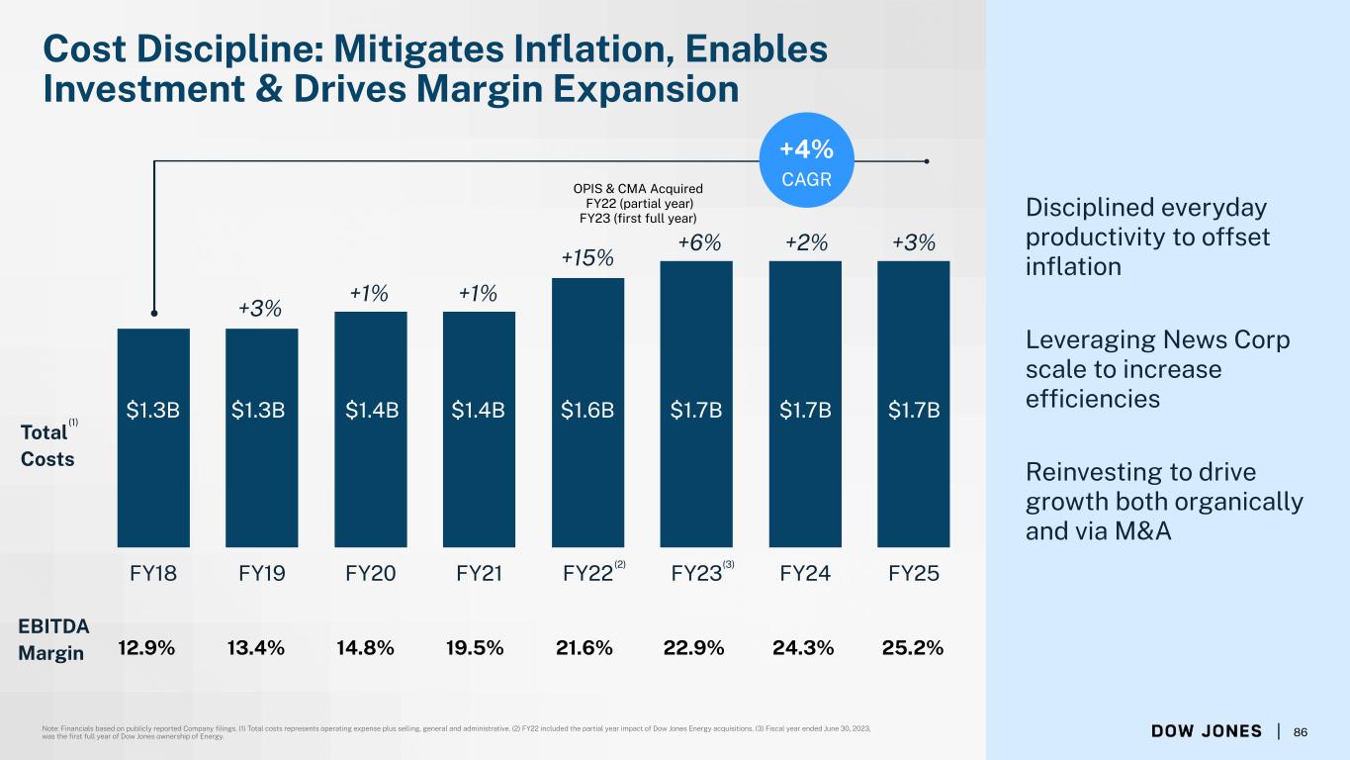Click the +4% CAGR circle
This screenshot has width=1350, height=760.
click(806, 160)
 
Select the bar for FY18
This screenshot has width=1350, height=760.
click(153, 438)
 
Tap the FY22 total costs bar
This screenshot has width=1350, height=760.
click(587, 413)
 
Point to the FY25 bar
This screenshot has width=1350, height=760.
click(914, 404)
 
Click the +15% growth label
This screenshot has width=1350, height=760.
click(587, 258)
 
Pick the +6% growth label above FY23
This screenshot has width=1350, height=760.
click(699, 243)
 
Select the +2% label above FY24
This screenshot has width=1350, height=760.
click(806, 243)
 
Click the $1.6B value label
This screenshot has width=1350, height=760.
click(587, 411)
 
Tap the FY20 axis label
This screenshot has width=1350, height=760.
click(371, 573)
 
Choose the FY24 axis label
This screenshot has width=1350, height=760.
click(805, 573)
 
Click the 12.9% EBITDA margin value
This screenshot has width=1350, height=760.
click(146, 648)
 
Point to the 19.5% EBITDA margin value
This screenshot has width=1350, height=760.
click(475, 648)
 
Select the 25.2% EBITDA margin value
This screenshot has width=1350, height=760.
click(913, 648)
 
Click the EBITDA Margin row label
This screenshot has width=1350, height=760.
click(53, 639)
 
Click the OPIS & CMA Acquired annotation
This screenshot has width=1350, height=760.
click(638, 189)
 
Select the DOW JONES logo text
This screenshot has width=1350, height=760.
click(1206, 731)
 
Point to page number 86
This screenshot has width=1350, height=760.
click(1301, 732)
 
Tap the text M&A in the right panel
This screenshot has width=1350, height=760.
click(1142, 531)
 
